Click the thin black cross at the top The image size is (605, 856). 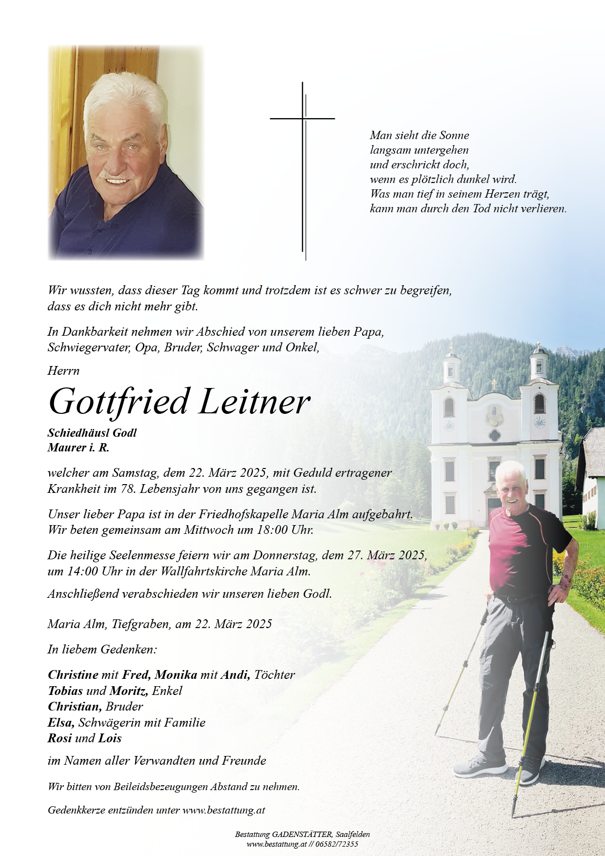(302, 119)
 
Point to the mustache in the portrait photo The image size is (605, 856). (115, 176)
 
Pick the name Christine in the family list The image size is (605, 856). (73, 675)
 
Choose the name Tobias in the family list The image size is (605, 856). (65, 691)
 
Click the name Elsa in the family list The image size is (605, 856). (60, 723)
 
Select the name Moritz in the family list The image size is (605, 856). (129, 691)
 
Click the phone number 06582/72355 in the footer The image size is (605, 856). (337, 844)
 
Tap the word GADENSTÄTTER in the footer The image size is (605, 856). (302, 835)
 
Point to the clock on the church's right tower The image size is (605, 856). (539, 422)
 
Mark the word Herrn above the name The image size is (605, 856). (63, 371)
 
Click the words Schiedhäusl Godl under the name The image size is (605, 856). (92, 433)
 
